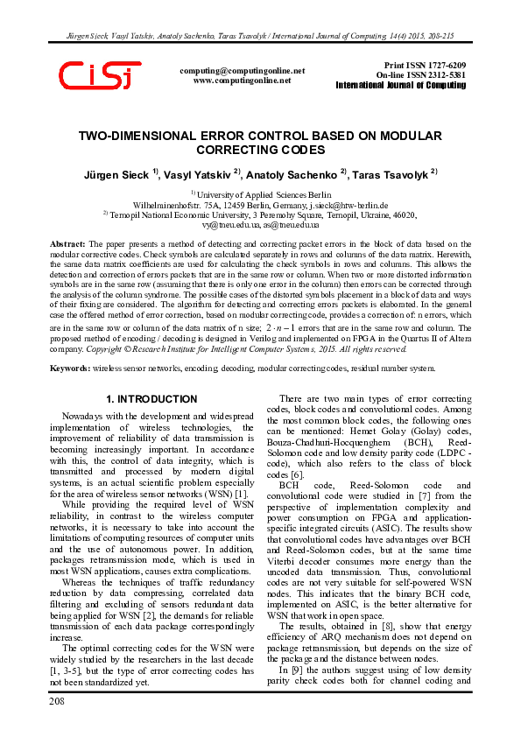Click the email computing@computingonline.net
coord(242,70)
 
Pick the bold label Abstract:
coord(67,243)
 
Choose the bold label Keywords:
coord(71,369)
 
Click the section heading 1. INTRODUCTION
coord(151,399)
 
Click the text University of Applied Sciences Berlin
coord(264,193)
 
